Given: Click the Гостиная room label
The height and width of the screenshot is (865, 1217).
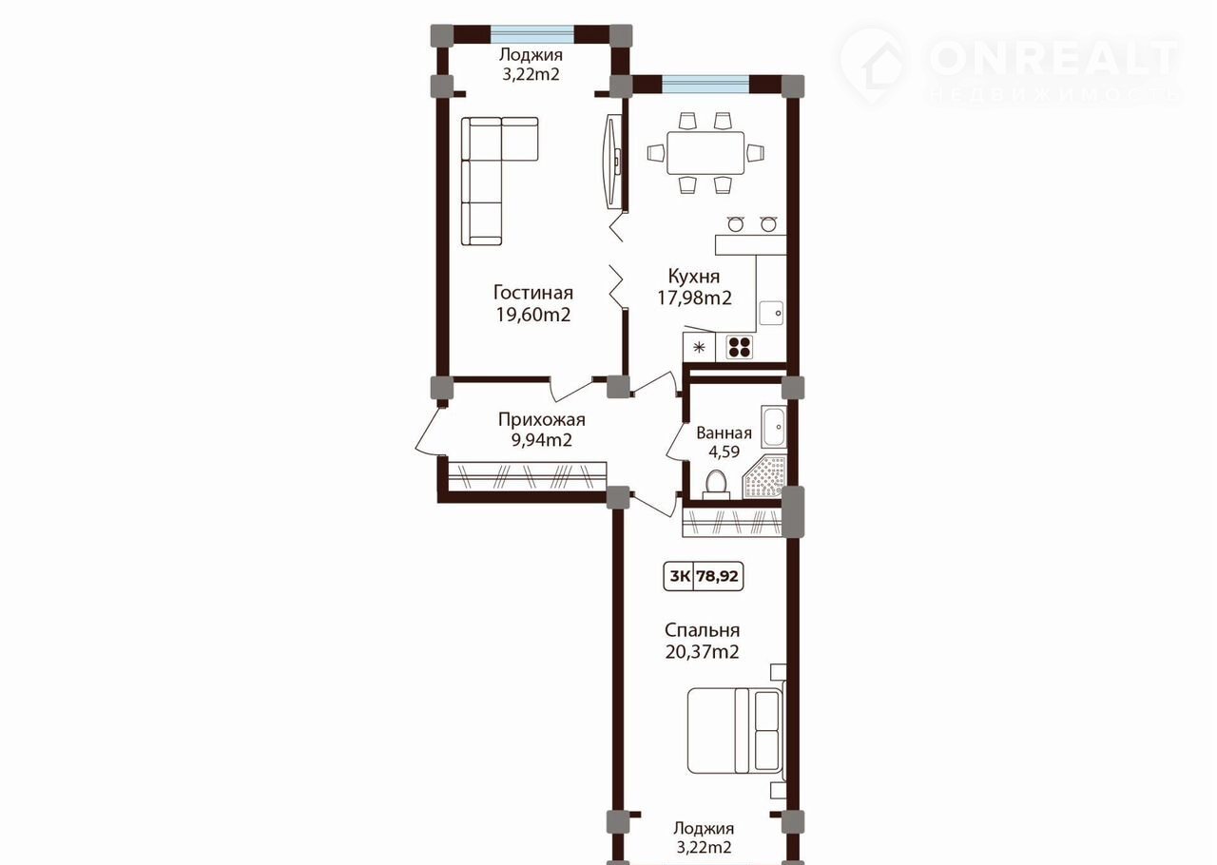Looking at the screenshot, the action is (533, 293).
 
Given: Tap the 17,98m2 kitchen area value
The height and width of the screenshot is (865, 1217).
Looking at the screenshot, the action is (694, 298).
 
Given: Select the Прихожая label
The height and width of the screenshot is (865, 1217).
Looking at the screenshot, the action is (542, 419).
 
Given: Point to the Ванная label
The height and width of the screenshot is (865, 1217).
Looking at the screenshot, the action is (724, 433).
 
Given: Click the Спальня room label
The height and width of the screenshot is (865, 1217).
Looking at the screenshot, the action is (702, 630).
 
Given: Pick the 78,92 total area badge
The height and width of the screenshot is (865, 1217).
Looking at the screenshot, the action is (718, 576).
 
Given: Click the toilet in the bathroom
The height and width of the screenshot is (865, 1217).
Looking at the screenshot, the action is (717, 485).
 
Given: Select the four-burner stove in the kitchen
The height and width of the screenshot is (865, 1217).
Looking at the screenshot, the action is (740, 347).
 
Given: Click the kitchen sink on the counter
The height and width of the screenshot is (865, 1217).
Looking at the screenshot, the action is (771, 313).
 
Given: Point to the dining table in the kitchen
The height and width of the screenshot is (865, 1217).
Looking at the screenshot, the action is (705, 153).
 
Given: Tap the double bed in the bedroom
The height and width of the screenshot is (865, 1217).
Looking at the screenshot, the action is (736, 730).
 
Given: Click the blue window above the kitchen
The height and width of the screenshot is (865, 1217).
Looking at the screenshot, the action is (705, 85).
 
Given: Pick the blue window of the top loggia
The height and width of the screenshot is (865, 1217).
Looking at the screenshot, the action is (532, 33).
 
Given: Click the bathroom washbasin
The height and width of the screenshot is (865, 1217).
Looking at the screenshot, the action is (772, 426).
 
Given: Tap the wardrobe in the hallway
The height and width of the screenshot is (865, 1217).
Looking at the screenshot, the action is (527, 476).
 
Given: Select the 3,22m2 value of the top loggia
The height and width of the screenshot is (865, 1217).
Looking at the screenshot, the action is (531, 74).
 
